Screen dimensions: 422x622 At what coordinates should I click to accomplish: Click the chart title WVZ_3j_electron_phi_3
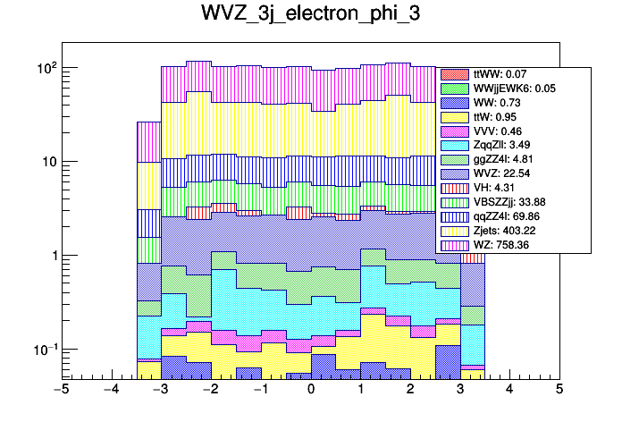pos(310,17)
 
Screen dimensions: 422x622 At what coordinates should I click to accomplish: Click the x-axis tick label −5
pos(61,390)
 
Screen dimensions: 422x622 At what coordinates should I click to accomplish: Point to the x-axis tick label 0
pos(311,390)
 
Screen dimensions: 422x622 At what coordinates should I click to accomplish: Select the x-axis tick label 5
pos(559,390)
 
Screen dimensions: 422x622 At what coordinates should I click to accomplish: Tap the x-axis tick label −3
pos(161,390)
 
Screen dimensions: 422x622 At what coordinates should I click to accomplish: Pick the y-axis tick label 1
pos(50,256)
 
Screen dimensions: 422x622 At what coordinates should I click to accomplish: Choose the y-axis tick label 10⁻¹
pos(43,349)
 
